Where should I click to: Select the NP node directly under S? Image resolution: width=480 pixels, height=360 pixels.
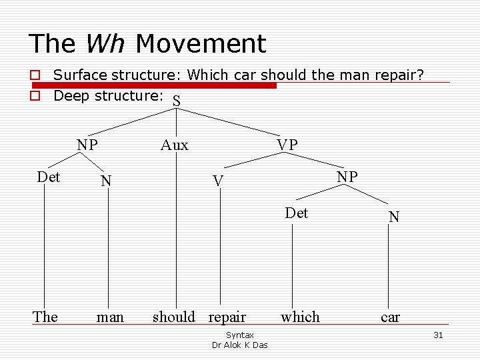pyautogui.click(x=87, y=145)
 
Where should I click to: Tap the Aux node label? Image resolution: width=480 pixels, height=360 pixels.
pyautogui.click(x=174, y=145)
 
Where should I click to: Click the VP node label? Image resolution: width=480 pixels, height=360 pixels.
pyautogui.click(x=287, y=145)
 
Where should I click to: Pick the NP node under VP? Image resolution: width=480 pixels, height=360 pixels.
pyautogui.click(x=347, y=177)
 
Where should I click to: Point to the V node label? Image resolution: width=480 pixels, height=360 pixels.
pyautogui.click(x=217, y=181)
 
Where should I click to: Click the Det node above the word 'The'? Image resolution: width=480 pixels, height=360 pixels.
pyautogui.click(x=49, y=177)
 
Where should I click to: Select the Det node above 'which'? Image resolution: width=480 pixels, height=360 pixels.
pyautogui.click(x=296, y=213)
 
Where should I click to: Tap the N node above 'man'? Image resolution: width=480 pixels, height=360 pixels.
pyautogui.click(x=106, y=181)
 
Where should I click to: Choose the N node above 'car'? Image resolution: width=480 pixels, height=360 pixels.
pyautogui.click(x=394, y=217)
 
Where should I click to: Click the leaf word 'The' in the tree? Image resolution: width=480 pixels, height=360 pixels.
pyautogui.click(x=45, y=317)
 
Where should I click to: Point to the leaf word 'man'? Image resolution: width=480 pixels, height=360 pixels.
pyautogui.click(x=110, y=317)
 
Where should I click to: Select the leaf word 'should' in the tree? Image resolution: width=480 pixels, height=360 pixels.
pyautogui.click(x=174, y=317)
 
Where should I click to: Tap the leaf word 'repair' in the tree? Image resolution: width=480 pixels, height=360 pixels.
pyautogui.click(x=227, y=317)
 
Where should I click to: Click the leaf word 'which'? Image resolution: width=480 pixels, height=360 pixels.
pyautogui.click(x=300, y=317)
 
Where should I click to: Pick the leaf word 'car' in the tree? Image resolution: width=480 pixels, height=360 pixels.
pyautogui.click(x=390, y=317)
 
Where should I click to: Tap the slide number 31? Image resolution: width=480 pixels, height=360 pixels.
pyautogui.click(x=438, y=335)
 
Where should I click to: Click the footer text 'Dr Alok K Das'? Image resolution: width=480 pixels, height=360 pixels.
pyautogui.click(x=239, y=345)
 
